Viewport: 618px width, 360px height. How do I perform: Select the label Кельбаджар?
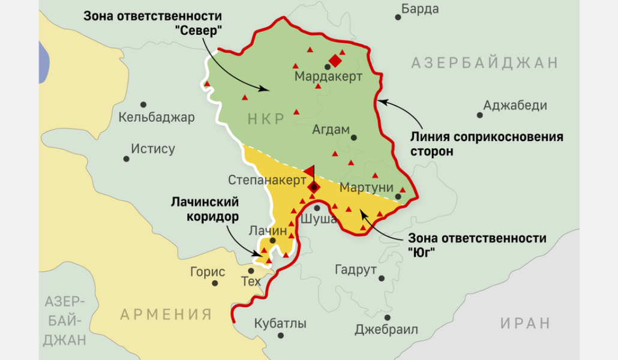(x=157, y=118)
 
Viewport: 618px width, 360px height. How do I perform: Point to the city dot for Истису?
(x=127, y=159)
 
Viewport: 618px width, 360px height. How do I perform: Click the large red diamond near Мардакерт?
(x=335, y=61)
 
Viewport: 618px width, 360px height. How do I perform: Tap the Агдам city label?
(x=331, y=130)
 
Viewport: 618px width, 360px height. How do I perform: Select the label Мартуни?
(x=364, y=188)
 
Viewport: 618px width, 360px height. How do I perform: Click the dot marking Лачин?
(x=273, y=240)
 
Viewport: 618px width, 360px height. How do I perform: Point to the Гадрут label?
(x=355, y=269)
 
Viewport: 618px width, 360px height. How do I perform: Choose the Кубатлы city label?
(x=280, y=324)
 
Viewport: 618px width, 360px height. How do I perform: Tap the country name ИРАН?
(x=525, y=323)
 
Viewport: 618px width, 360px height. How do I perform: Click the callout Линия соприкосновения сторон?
(x=486, y=144)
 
